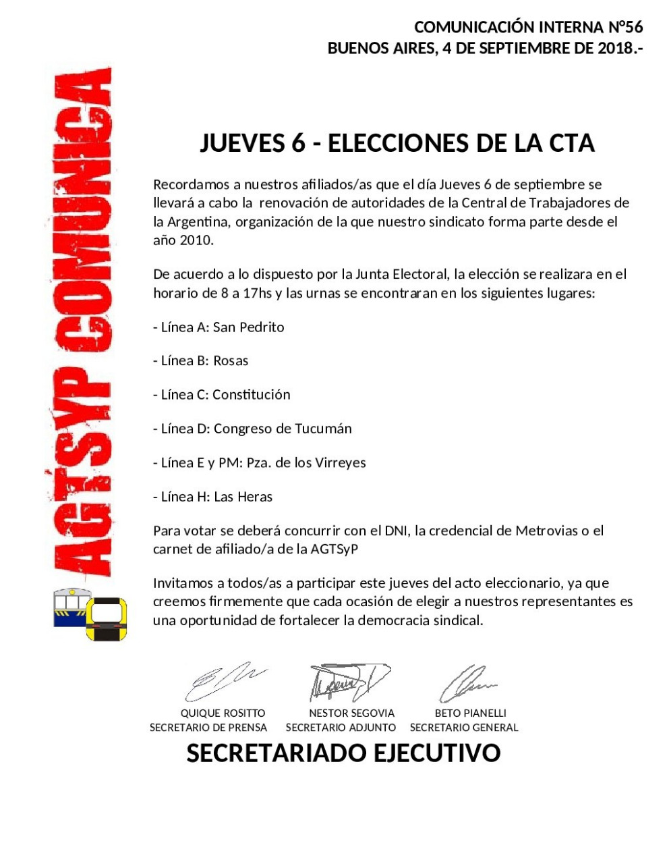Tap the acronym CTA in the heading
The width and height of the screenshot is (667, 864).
pyautogui.click(x=571, y=143)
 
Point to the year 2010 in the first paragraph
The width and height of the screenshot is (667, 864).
pyautogui.click(x=196, y=240)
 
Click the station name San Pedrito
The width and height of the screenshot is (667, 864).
pyautogui.click(x=249, y=327)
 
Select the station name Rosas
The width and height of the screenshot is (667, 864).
pyautogui.click(x=231, y=361)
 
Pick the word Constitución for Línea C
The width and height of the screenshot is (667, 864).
pyautogui.click(x=252, y=395)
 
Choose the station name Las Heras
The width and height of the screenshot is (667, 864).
pyautogui.click(x=243, y=497)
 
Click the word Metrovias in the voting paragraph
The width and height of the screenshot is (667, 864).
pyautogui.click(x=546, y=531)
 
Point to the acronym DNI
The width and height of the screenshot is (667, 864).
pyautogui.click(x=396, y=531)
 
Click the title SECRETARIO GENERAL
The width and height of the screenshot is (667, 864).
pyautogui.click(x=464, y=728)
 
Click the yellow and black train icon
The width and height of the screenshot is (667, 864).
pyautogui.click(x=106, y=619)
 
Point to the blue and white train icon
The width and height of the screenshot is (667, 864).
pyautogui.click(x=71, y=607)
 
